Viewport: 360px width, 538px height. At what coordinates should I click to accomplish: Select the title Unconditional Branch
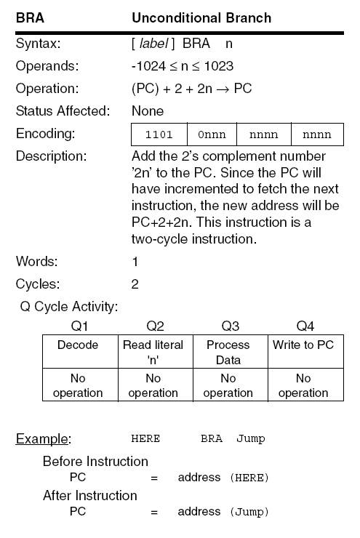pyautogui.click(x=201, y=17)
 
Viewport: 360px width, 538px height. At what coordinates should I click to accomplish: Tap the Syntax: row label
pyautogui.click(x=38, y=44)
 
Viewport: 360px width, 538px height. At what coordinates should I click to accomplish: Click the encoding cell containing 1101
pyautogui.click(x=159, y=134)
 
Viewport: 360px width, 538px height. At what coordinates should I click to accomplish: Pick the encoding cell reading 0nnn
pyautogui.click(x=212, y=134)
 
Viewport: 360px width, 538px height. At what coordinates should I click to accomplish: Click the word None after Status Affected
pyautogui.click(x=148, y=111)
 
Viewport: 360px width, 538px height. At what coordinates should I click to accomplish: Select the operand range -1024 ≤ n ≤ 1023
pyautogui.click(x=183, y=66)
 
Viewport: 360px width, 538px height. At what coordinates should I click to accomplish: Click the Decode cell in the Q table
pyautogui.click(x=78, y=345)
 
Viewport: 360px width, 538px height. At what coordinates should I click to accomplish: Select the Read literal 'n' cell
pyautogui.click(x=153, y=352)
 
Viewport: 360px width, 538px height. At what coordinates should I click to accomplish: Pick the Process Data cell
pyautogui.click(x=228, y=352)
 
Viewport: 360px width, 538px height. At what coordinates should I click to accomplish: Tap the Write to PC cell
pyautogui.click(x=303, y=345)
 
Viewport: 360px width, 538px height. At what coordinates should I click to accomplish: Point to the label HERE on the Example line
pyautogui.click(x=145, y=439)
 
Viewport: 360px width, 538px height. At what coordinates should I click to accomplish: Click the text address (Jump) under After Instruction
pyautogui.click(x=223, y=512)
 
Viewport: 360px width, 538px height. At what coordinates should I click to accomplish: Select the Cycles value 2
pyautogui.click(x=135, y=284)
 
